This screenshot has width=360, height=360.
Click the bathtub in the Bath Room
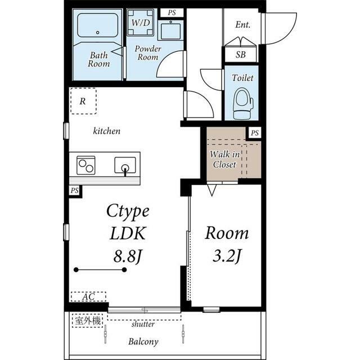[x=97, y=25]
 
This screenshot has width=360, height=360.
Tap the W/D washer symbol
[x=141, y=22]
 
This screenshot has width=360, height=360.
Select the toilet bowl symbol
[x=243, y=104]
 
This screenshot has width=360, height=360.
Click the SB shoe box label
[x=240, y=55]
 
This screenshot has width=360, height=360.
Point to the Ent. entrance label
[x=242, y=25]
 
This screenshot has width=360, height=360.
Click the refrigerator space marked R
[x=83, y=101]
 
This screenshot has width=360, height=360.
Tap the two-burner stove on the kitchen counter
[x=86, y=165]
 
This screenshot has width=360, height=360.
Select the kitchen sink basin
[x=125, y=165]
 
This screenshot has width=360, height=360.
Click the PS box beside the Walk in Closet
[x=255, y=133]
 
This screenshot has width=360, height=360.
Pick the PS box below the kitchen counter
[x=74, y=191]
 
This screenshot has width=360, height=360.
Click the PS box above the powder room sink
[x=172, y=12]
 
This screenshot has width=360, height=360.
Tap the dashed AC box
[x=88, y=296]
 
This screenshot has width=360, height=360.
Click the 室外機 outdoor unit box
[x=88, y=321]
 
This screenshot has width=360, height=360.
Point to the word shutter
[x=143, y=324]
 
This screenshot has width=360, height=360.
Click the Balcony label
[x=143, y=341]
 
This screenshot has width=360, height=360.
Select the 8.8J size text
[x=127, y=256]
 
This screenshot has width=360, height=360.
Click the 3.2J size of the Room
[x=227, y=256]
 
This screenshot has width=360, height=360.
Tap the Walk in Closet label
[x=224, y=159]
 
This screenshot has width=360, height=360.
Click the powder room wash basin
[x=171, y=31]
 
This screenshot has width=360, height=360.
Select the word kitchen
[x=106, y=131]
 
